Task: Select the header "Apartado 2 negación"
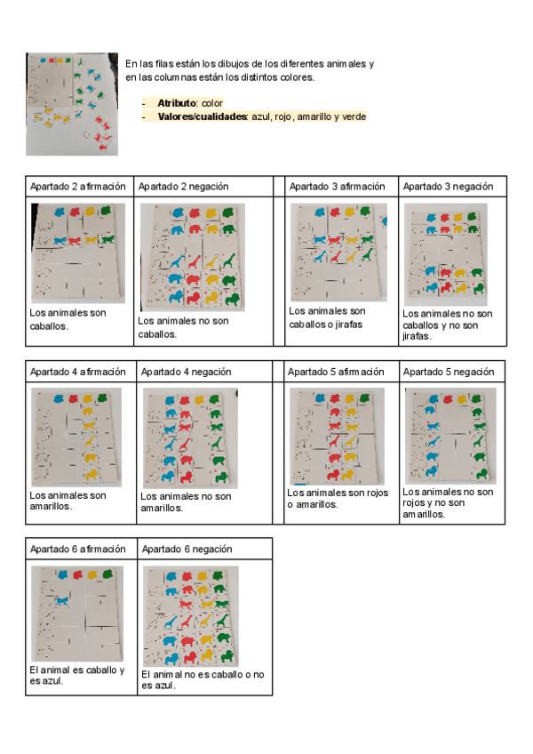(x=183, y=187)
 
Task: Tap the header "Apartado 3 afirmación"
(x=337, y=187)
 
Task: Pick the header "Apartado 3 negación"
(x=449, y=187)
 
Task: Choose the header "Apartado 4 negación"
(x=186, y=372)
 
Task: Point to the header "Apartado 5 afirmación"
(x=337, y=372)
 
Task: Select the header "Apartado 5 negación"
(x=449, y=372)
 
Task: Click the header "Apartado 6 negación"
(x=187, y=549)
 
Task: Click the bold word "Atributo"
(x=177, y=104)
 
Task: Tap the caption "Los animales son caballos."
(x=68, y=319)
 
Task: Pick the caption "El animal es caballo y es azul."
(x=76, y=675)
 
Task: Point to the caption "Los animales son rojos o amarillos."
(x=338, y=498)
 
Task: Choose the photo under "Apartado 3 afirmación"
(x=338, y=253)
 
